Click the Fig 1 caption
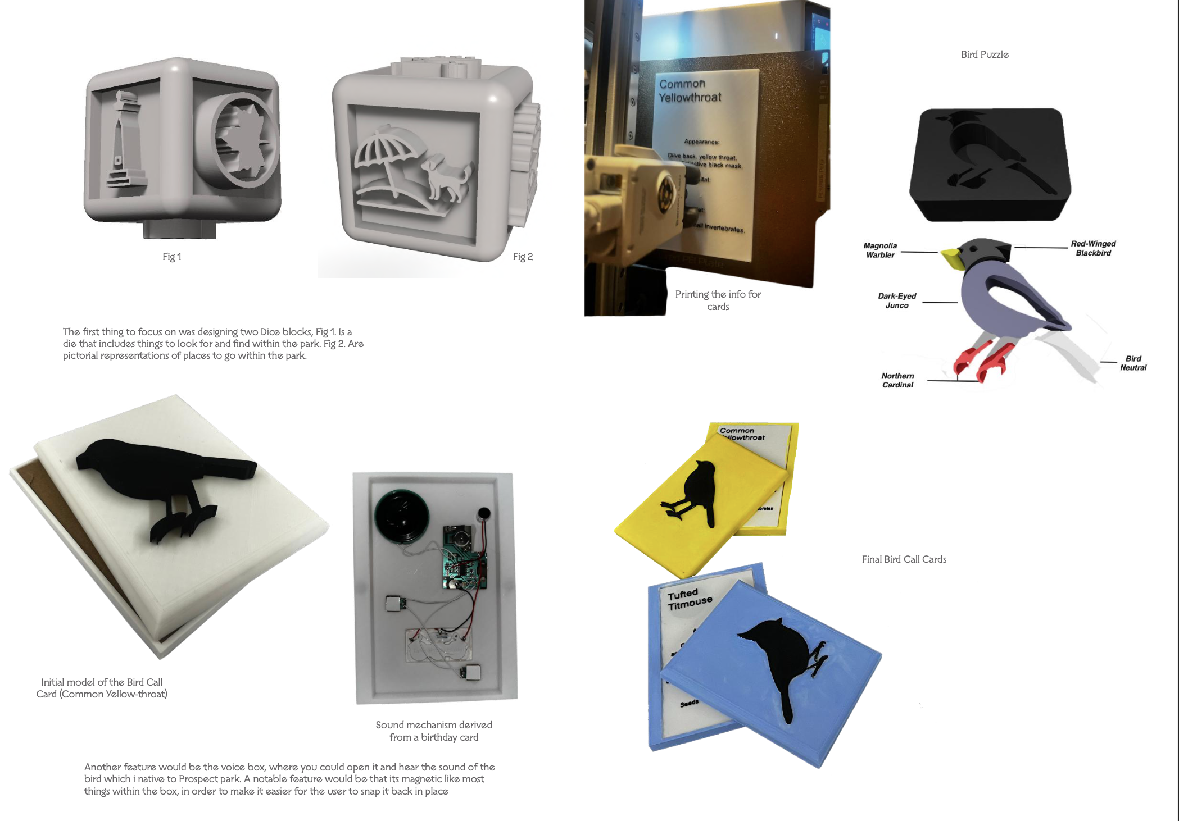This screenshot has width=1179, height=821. point(171,257)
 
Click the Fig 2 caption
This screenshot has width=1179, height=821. point(522,257)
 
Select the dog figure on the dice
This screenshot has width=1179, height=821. point(447,177)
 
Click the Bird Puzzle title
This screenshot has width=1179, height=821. point(985,54)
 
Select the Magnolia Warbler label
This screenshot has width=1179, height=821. point(880,250)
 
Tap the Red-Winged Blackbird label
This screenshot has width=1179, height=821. point(1093,248)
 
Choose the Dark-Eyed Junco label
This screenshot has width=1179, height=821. point(897,300)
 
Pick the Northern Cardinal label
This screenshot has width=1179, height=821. point(897,380)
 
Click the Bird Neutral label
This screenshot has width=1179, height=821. point(1133,363)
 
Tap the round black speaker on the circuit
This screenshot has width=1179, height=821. point(401,516)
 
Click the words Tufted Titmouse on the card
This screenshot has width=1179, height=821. point(690,599)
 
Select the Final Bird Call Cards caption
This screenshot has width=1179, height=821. point(904,559)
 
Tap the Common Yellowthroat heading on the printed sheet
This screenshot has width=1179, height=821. point(690,90)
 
